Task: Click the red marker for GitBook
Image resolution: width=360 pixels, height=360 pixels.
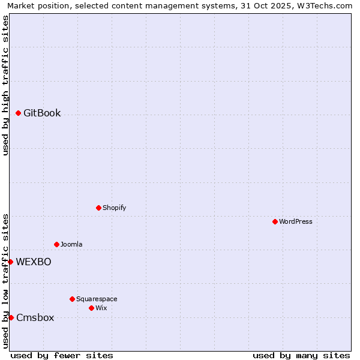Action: (x=18, y=113)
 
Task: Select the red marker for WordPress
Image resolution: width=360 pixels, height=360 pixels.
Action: (x=275, y=221)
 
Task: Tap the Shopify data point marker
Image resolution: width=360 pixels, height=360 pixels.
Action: (x=98, y=208)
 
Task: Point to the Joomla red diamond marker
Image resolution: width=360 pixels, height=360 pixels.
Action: (x=56, y=244)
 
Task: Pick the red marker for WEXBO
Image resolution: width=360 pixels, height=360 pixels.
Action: (x=10, y=262)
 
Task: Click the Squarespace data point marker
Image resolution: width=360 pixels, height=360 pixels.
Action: (x=72, y=299)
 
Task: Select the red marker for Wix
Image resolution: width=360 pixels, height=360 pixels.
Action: (x=91, y=308)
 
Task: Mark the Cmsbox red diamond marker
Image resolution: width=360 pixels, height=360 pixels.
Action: (x=11, y=317)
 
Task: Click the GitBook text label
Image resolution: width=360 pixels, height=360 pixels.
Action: (x=42, y=113)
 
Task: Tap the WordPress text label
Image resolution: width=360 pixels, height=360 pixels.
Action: (x=296, y=221)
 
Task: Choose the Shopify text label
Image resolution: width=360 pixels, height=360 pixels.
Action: (x=114, y=208)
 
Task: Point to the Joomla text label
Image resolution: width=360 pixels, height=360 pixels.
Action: (x=71, y=244)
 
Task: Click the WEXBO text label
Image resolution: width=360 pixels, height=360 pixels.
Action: (x=34, y=262)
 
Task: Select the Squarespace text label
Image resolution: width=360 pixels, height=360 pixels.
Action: (x=97, y=299)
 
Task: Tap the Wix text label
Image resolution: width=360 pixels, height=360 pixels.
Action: (x=101, y=308)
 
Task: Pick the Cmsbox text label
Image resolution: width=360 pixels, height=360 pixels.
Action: (x=35, y=317)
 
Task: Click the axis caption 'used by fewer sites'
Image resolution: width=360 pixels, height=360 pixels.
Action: (x=62, y=355)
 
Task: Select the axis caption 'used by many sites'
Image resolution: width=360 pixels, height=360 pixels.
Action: (x=301, y=355)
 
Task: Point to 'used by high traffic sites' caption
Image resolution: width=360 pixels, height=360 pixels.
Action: (x=5, y=85)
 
